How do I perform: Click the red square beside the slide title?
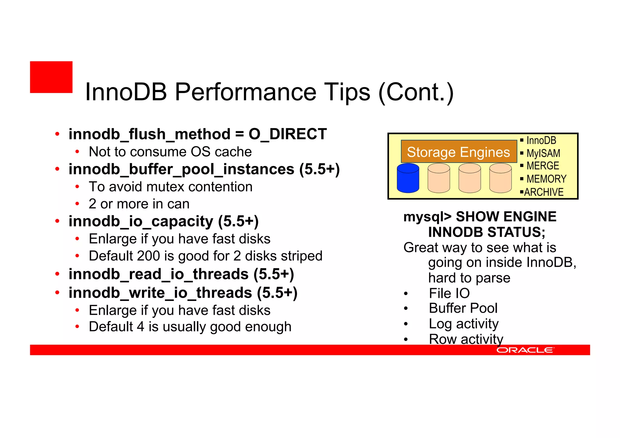51,77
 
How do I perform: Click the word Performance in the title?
245,92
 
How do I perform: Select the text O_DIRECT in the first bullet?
287,134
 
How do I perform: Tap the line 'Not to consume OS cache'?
170,152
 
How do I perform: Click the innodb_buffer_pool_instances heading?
204,169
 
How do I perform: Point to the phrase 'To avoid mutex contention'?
170,187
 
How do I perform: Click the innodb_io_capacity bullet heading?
163,221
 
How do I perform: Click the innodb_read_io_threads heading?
181,274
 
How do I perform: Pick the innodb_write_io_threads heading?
183,293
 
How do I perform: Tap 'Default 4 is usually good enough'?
190,327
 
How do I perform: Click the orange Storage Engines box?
458,152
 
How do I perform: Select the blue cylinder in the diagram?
408,178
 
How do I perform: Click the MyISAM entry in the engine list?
543,153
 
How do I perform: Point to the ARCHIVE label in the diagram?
544,192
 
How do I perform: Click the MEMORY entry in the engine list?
546,179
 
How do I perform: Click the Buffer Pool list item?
463,308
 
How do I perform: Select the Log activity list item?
463,324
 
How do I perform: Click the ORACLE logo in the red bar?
525,350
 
